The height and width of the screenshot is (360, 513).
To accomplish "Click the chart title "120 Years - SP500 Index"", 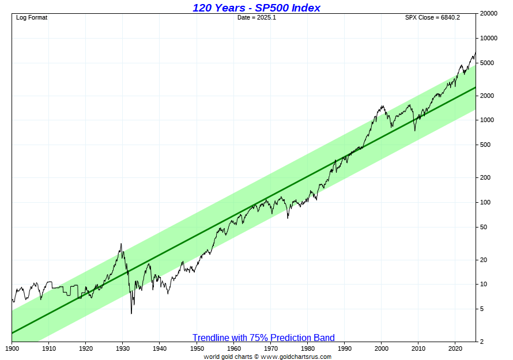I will tap(256, 7).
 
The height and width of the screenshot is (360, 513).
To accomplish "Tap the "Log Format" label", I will tap(32, 17).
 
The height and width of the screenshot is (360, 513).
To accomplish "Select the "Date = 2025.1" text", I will tap(256, 17).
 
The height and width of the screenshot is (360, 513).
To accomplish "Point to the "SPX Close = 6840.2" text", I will tap(432, 17).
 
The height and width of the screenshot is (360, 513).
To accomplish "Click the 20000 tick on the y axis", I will tap(489, 13).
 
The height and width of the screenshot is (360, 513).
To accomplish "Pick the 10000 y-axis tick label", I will tap(489, 38).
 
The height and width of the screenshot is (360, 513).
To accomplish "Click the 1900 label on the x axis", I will tap(12, 348).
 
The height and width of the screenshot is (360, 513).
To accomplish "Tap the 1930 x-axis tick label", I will tap(123, 348).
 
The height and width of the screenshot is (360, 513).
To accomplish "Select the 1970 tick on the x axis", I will tap(271, 348).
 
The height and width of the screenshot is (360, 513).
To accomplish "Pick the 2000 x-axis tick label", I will tap(382, 348).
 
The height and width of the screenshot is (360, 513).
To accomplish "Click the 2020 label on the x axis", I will tap(455, 348).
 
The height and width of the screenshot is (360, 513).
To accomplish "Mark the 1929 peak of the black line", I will tap(121, 244).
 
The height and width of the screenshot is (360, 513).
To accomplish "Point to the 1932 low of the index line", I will tap(131, 313).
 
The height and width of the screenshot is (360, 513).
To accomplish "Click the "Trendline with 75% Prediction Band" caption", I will tap(263, 338).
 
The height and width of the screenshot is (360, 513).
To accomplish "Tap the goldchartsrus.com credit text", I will tap(267, 357).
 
